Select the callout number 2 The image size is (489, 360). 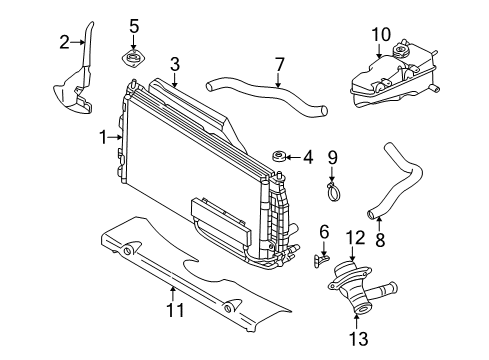pyautogui.click(x=64, y=41)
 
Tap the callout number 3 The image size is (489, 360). pyautogui.click(x=174, y=65)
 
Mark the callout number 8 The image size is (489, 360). pyautogui.click(x=379, y=240)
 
